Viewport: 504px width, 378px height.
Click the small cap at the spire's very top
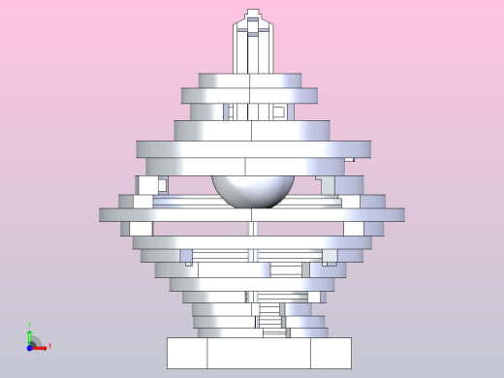pyautogui.click(x=253, y=14)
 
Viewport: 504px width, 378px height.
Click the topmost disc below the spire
pyautogui.click(x=250, y=80)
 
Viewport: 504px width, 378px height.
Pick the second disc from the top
pyautogui.click(x=249, y=95)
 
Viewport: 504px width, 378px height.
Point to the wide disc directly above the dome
pyautogui.click(x=252, y=149)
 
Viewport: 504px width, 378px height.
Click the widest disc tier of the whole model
pyautogui.click(x=251, y=214)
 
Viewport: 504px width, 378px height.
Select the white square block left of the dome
pyautogui.click(x=146, y=184)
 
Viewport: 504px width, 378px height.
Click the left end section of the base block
pyautogui.click(x=187, y=353)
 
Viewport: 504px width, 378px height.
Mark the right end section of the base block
pyautogui.click(x=331, y=353)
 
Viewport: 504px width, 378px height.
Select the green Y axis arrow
pyautogui.click(x=30, y=335)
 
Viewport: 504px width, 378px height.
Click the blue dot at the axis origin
pyautogui.click(x=30, y=346)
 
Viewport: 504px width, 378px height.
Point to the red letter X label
pyautogui.click(x=49, y=346)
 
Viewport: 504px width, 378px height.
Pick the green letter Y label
pyautogui.click(x=29, y=326)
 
